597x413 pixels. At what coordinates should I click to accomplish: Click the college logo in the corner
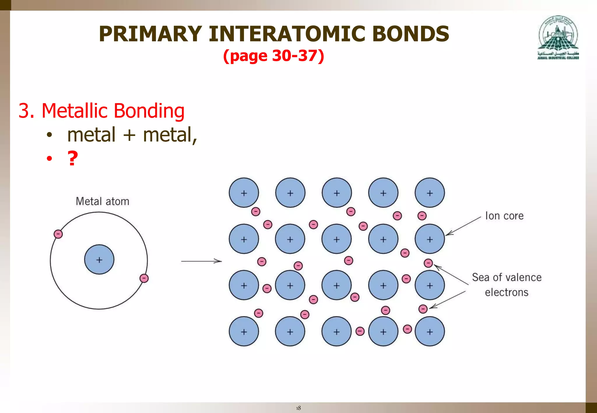click(558, 37)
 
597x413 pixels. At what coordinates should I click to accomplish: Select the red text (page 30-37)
click(273, 56)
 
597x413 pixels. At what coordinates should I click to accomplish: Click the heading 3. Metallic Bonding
click(101, 111)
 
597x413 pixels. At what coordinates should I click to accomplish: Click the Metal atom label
click(102, 202)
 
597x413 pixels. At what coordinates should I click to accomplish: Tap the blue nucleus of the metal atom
click(99, 260)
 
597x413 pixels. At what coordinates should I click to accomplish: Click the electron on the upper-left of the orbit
click(58, 234)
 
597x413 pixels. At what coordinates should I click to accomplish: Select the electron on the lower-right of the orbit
click(144, 278)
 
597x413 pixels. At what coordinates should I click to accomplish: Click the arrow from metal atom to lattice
click(201, 261)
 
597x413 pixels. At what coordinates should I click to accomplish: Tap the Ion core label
click(504, 216)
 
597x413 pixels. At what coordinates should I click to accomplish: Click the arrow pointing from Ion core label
click(463, 226)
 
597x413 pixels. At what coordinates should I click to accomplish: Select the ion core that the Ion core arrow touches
click(430, 239)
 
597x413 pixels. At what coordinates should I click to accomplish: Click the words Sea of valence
click(507, 277)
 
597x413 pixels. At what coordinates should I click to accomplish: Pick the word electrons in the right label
click(506, 292)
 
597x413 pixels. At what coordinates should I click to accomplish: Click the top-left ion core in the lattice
click(244, 193)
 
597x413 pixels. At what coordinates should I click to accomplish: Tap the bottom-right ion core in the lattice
click(430, 331)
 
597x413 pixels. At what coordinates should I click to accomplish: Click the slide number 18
click(298, 408)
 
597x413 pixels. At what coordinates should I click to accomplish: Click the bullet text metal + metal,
click(132, 135)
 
